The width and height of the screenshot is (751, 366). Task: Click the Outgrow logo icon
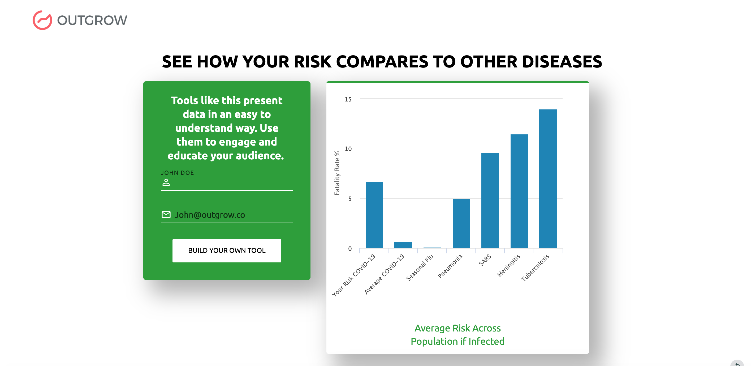click(42, 20)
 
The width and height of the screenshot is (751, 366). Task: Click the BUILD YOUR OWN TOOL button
click(227, 250)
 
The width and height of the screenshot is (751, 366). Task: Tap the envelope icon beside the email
click(166, 215)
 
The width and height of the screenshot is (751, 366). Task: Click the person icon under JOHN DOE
click(166, 182)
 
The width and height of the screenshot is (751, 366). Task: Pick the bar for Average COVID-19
click(403, 245)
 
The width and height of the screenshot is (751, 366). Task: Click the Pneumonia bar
click(461, 223)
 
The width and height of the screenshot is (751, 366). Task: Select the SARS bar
click(490, 200)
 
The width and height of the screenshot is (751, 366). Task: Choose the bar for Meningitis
click(519, 191)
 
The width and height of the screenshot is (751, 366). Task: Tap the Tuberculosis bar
click(547, 179)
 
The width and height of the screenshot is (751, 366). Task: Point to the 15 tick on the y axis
click(348, 99)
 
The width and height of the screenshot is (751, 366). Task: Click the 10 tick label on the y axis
click(348, 149)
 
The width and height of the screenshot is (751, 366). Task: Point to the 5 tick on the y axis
click(349, 199)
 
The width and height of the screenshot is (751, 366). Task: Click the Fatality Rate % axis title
click(337, 173)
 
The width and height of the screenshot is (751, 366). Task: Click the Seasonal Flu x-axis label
click(420, 268)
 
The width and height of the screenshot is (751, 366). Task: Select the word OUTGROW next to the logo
click(92, 20)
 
